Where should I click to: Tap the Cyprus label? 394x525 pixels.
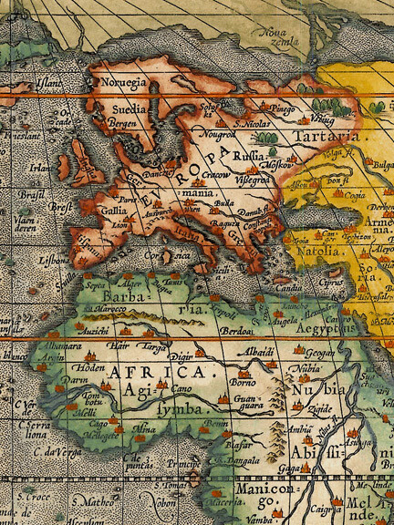[x=332, y=283]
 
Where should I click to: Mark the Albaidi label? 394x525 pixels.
[x=258, y=351]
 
